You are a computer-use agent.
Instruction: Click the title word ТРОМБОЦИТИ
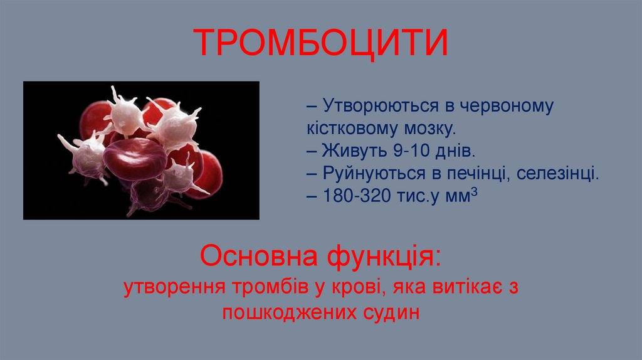320,43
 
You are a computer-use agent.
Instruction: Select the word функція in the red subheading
381,257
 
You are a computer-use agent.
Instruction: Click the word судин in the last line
389,312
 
